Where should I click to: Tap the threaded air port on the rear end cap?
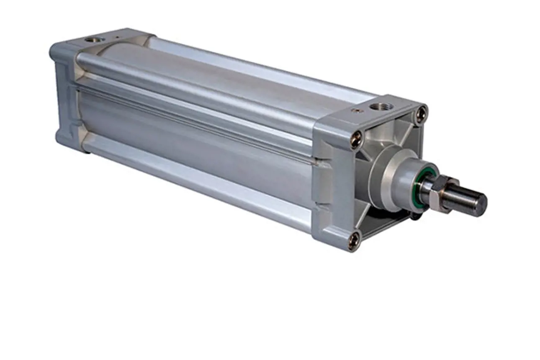[x=90, y=40]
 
